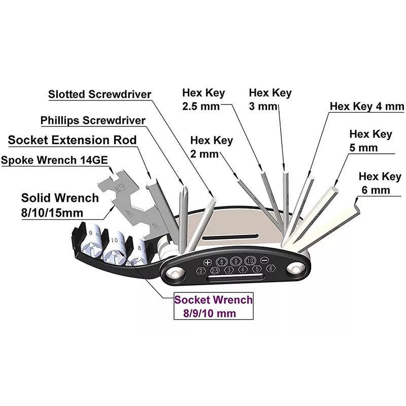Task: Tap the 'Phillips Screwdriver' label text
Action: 93,120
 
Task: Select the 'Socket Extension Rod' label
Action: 72,140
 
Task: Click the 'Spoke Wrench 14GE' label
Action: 54,160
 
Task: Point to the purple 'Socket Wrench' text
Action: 213,300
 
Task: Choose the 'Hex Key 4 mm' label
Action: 366,107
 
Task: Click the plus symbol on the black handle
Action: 207,262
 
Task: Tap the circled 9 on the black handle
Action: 235,262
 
